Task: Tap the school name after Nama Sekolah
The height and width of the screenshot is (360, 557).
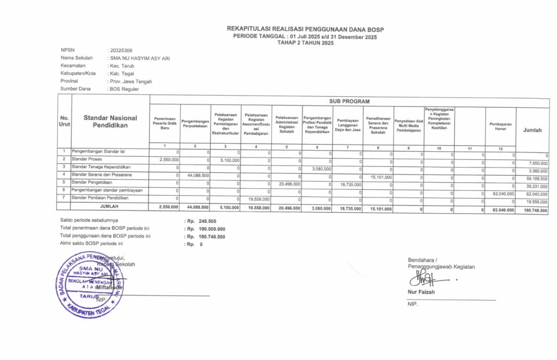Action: tap(139, 58)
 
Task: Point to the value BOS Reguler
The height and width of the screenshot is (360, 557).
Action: tap(124, 89)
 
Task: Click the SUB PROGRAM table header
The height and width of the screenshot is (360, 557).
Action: tap(349, 101)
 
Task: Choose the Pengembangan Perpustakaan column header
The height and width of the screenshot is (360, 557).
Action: tap(196, 123)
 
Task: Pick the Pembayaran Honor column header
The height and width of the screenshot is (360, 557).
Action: tap(500, 126)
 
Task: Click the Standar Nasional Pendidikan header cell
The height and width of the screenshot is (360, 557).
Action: tap(110, 121)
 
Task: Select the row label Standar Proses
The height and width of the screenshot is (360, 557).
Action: tap(88, 159)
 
